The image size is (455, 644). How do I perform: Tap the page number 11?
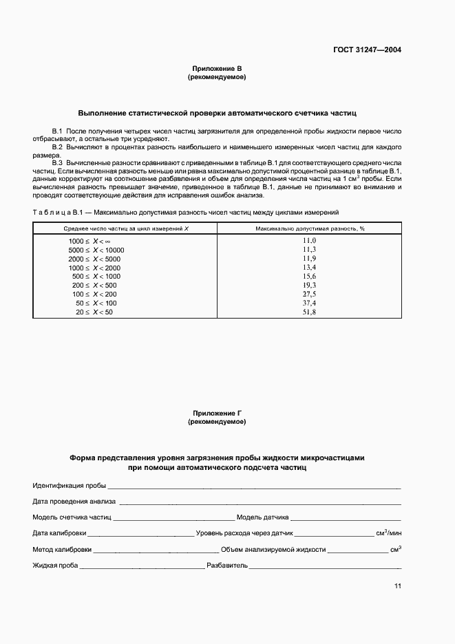[397, 586]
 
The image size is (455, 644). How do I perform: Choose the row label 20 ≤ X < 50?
[94, 312]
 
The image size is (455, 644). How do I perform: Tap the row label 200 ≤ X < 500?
[94, 285]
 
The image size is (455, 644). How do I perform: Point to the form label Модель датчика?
[263, 517]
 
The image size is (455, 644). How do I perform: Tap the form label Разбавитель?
[226, 566]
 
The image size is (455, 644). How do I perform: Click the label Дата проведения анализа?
[74, 501]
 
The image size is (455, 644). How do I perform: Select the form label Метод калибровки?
[61, 550]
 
